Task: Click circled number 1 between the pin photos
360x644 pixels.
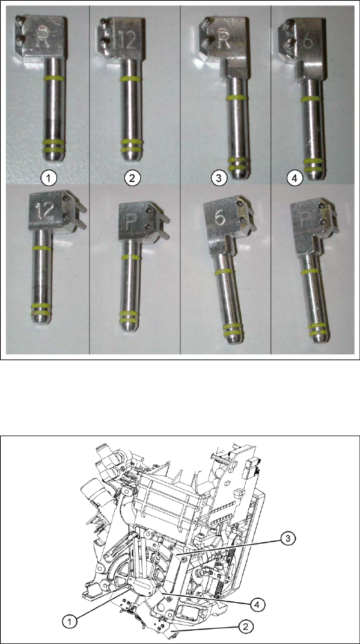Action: point(49,178)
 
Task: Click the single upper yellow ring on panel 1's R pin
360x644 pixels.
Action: point(54,78)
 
